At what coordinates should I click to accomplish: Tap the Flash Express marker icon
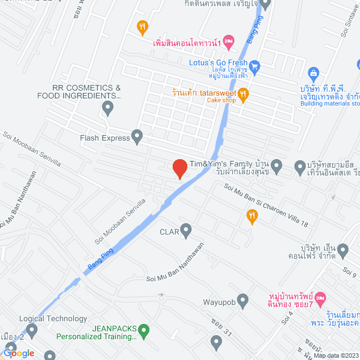(x=137, y=136)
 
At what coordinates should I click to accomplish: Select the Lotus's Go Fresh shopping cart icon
(x=254, y=66)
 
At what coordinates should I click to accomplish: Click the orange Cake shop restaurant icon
(x=243, y=94)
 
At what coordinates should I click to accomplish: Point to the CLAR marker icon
(x=186, y=229)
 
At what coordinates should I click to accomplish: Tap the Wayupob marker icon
(x=243, y=300)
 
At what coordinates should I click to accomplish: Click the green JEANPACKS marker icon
(x=144, y=330)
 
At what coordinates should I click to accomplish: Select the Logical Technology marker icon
(x=31, y=330)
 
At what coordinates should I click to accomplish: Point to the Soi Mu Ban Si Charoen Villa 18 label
(x=267, y=206)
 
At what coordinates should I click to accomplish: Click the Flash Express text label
(x=105, y=137)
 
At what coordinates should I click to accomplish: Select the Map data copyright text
(x=335, y=355)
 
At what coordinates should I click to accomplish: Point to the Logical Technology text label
(x=53, y=319)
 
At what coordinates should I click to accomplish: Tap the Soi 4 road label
(x=289, y=317)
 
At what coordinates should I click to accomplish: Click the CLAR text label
(x=169, y=231)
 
